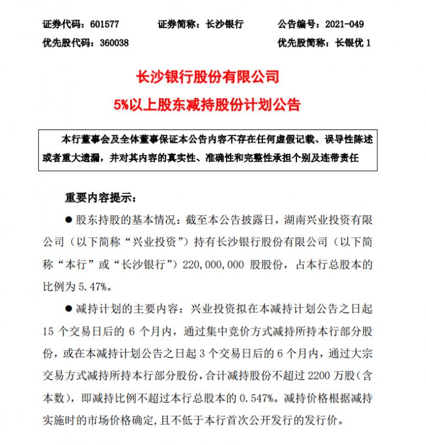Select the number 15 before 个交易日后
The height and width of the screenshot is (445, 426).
(x=51, y=332)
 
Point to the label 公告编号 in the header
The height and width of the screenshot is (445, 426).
(x=298, y=25)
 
